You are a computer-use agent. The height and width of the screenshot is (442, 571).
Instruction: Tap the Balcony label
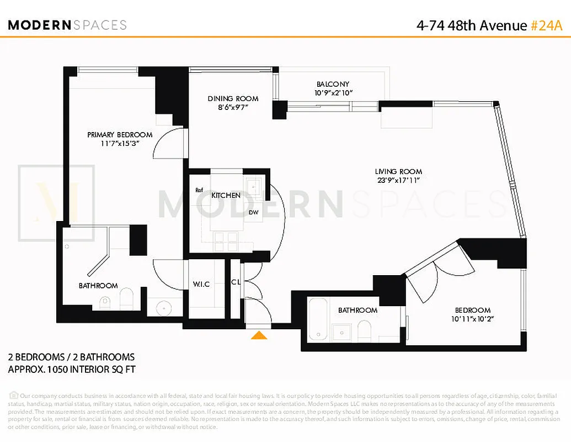pyautogui.click(x=333, y=84)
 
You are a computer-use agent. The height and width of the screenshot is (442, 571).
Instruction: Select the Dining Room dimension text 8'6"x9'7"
pyautogui.click(x=232, y=108)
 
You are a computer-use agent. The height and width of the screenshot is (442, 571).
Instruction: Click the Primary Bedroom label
pyautogui.click(x=120, y=134)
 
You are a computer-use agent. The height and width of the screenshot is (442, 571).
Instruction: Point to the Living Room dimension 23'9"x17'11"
pyautogui.click(x=398, y=180)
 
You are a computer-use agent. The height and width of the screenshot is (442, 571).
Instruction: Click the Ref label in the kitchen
pyautogui.click(x=199, y=190)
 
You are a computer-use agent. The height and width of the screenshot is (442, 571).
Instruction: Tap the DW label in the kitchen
pyautogui.click(x=254, y=212)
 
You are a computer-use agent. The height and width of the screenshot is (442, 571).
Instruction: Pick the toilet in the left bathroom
pyautogui.click(x=126, y=298)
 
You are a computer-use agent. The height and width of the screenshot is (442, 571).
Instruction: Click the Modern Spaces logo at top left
pyautogui.click(x=67, y=25)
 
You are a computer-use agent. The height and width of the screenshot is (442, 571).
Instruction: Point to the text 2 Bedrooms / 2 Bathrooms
pyautogui.click(x=71, y=357)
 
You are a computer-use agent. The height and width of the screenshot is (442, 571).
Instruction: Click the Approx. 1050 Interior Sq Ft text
pyautogui.click(x=72, y=369)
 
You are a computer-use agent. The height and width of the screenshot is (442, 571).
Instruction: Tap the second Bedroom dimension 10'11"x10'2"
pyautogui.click(x=472, y=319)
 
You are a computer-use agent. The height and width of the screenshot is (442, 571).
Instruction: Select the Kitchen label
pyautogui.click(x=226, y=195)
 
